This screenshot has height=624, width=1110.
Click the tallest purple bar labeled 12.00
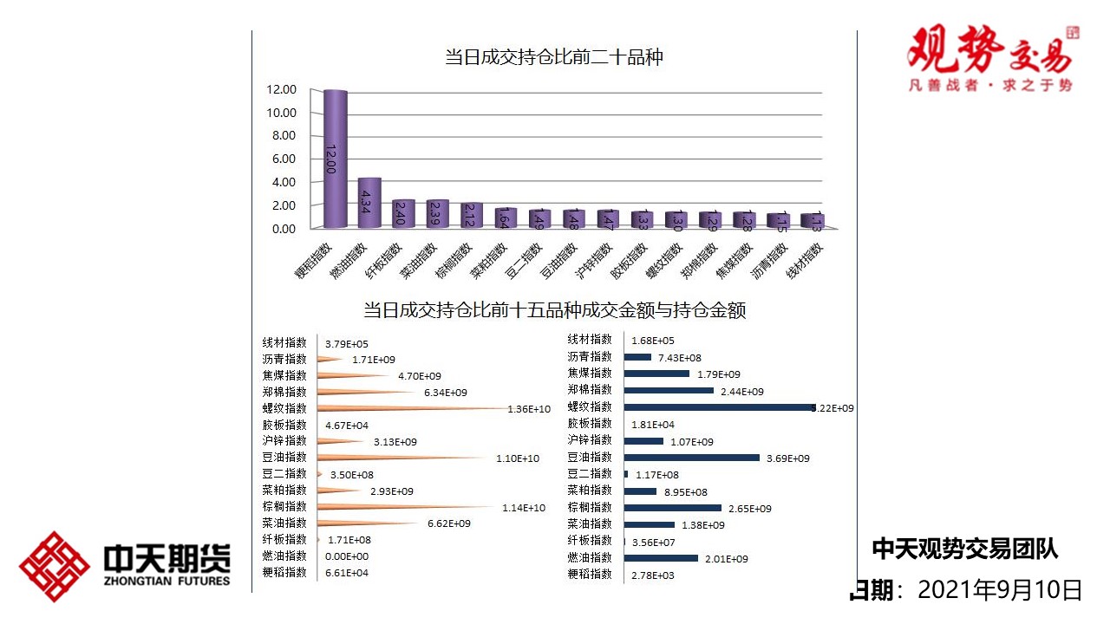336,159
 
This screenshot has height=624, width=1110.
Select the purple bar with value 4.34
369,204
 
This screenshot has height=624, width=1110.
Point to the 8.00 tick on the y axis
283,136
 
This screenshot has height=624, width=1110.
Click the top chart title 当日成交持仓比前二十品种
554,58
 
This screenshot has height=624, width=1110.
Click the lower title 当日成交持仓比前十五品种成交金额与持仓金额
554,310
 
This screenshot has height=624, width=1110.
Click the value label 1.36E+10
529,409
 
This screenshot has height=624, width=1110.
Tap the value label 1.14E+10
524,508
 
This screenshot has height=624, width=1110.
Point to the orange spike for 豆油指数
399,458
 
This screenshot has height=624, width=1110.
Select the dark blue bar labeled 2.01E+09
660,557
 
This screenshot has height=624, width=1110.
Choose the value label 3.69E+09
788,458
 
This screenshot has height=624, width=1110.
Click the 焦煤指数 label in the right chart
590,374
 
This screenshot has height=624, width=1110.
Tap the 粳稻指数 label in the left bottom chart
284,573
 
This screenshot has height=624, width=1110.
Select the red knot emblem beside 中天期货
55,567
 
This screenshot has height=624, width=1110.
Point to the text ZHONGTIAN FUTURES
166,581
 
